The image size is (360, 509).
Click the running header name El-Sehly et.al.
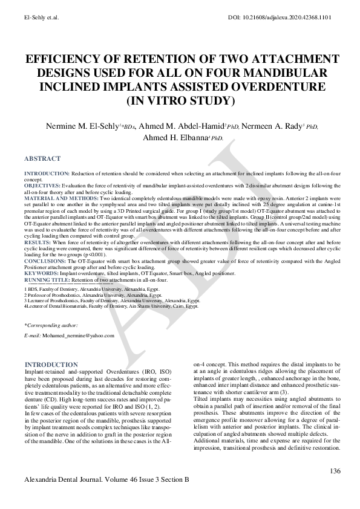pyautogui.click(x=42, y=19)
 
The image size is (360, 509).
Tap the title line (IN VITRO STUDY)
pyautogui.click(x=180, y=99)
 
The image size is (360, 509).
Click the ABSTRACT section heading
pyautogui.click(x=42, y=159)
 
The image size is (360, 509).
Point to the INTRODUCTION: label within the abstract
pyautogui.click(x=47, y=173)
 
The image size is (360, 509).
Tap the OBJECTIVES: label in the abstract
pyautogui.click(x=42, y=185)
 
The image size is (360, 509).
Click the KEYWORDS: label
pyautogui.click(x=41, y=273)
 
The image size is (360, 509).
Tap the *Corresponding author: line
pyautogui.click(x=51, y=325)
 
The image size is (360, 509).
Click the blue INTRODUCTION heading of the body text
pyautogui.click(x=51, y=365)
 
